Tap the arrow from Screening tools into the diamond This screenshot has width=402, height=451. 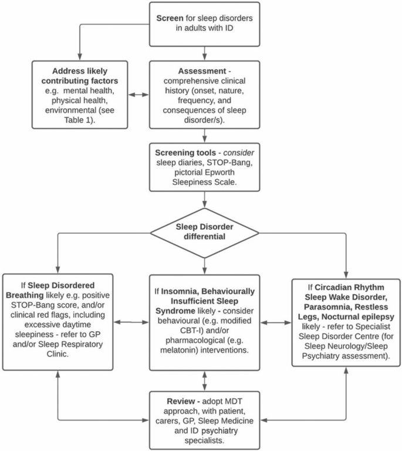pyautogui.click(x=204, y=200)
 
